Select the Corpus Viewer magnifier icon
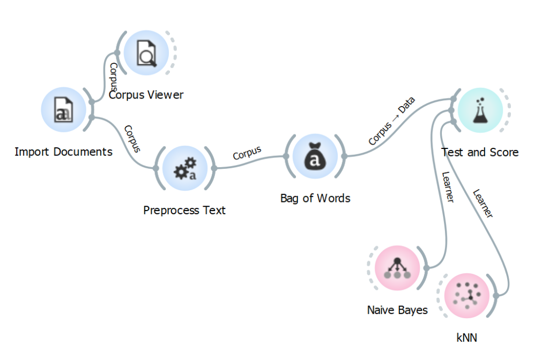pyautogui.click(x=146, y=52)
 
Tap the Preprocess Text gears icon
pyautogui.click(x=184, y=168)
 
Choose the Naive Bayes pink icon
pyautogui.click(x=397, y=266)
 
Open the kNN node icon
pyautogui.click(x=466, y=295)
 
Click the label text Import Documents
pyautogui.click(x=63, y=152)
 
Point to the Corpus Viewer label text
pyautogui.click(x=146, y=95)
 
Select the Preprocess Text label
pyautogui.click(x=184, y=210)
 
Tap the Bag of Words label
pyautogui.click(x=315, y=198)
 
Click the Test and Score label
pyautogui.click(x=480, y=152)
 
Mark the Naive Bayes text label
pyautogui.click(x=397, y=310)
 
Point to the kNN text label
pyautogui.click(x=466, y=337)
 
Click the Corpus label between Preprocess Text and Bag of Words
pyautogui.click(x=247, y=153)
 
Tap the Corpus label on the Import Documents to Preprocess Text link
pyautogui.click(x=132, y=139)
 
